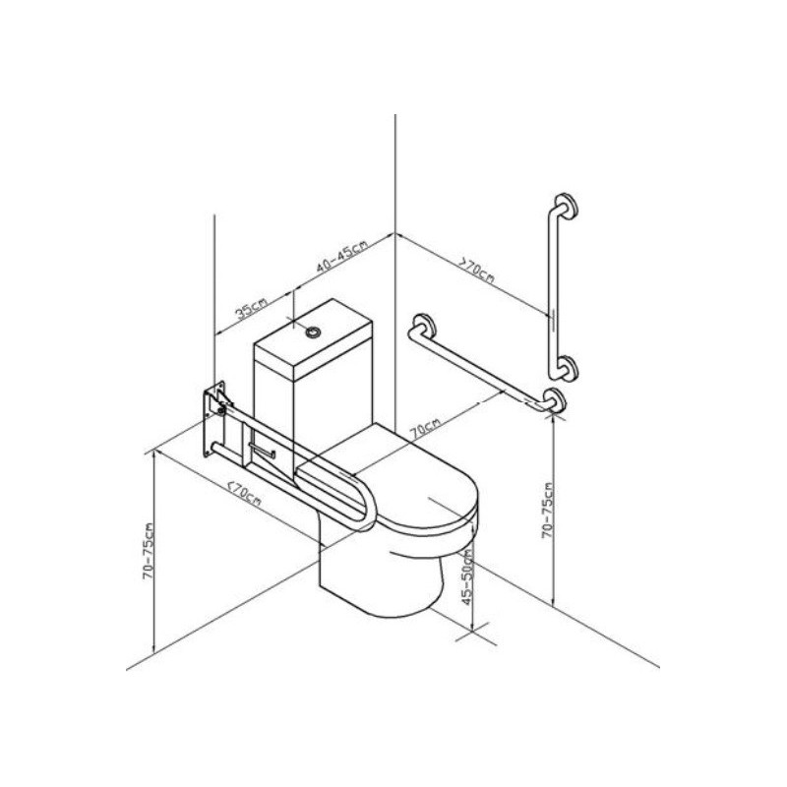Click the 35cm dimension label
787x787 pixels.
252,308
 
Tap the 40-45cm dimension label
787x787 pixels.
341,256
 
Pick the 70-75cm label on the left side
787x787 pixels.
149,551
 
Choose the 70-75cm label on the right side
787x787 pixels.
547,511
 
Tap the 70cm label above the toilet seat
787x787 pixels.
425,429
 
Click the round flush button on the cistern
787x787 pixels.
314,332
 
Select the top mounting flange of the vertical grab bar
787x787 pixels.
567,206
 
